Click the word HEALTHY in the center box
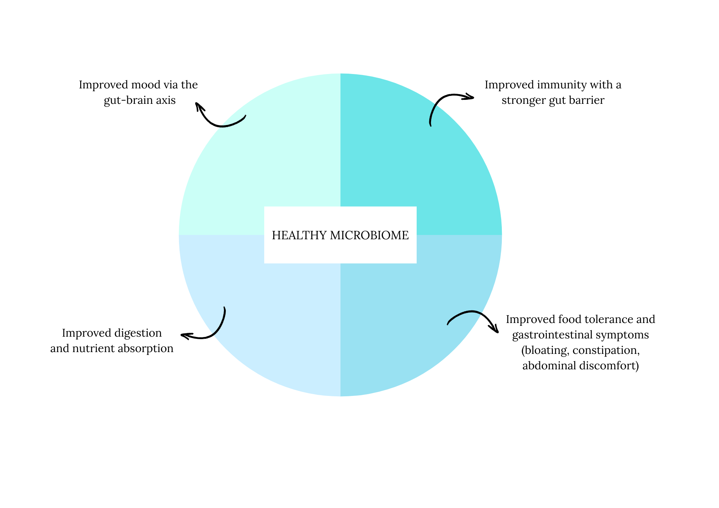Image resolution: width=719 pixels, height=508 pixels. click(x=299, y=235)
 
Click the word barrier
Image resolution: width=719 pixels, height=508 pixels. click(x=589, y=100)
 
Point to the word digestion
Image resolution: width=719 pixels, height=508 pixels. click(x=138, y=333)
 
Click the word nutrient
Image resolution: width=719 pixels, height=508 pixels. click(x=95, y=348)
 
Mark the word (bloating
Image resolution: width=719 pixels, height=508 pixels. click(x=545, y=350)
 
